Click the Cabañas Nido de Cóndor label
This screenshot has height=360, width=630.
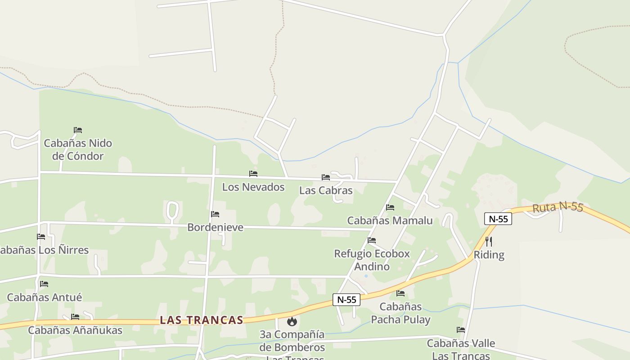(78, 150)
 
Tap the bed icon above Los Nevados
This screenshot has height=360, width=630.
(253, 174)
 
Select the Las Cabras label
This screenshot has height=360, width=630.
(326, 190)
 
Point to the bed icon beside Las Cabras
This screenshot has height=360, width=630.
(326, 177)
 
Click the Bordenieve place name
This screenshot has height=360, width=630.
(215, 227)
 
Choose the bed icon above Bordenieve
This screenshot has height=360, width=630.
(215, 214)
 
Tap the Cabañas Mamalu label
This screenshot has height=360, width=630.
(390, 220)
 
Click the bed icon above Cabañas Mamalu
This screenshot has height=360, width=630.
(390, 207)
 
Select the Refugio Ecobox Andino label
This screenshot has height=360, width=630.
(372, 260)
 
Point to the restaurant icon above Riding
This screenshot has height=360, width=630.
(489, 242)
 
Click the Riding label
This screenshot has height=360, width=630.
(489, 255)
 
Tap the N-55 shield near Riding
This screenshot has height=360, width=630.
(498, 219)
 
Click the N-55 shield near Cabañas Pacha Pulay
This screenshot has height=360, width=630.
(346, 300)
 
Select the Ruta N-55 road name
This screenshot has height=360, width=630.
(558, 207)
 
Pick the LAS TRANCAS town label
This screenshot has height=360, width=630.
(202, 320)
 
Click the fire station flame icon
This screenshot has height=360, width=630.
(292, 321)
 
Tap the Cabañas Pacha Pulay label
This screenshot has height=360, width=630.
(400, 313)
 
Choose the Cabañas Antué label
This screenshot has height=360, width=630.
(45, 297)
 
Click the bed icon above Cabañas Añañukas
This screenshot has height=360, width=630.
(75, 317)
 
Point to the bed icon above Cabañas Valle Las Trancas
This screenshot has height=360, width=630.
(461, 330)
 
